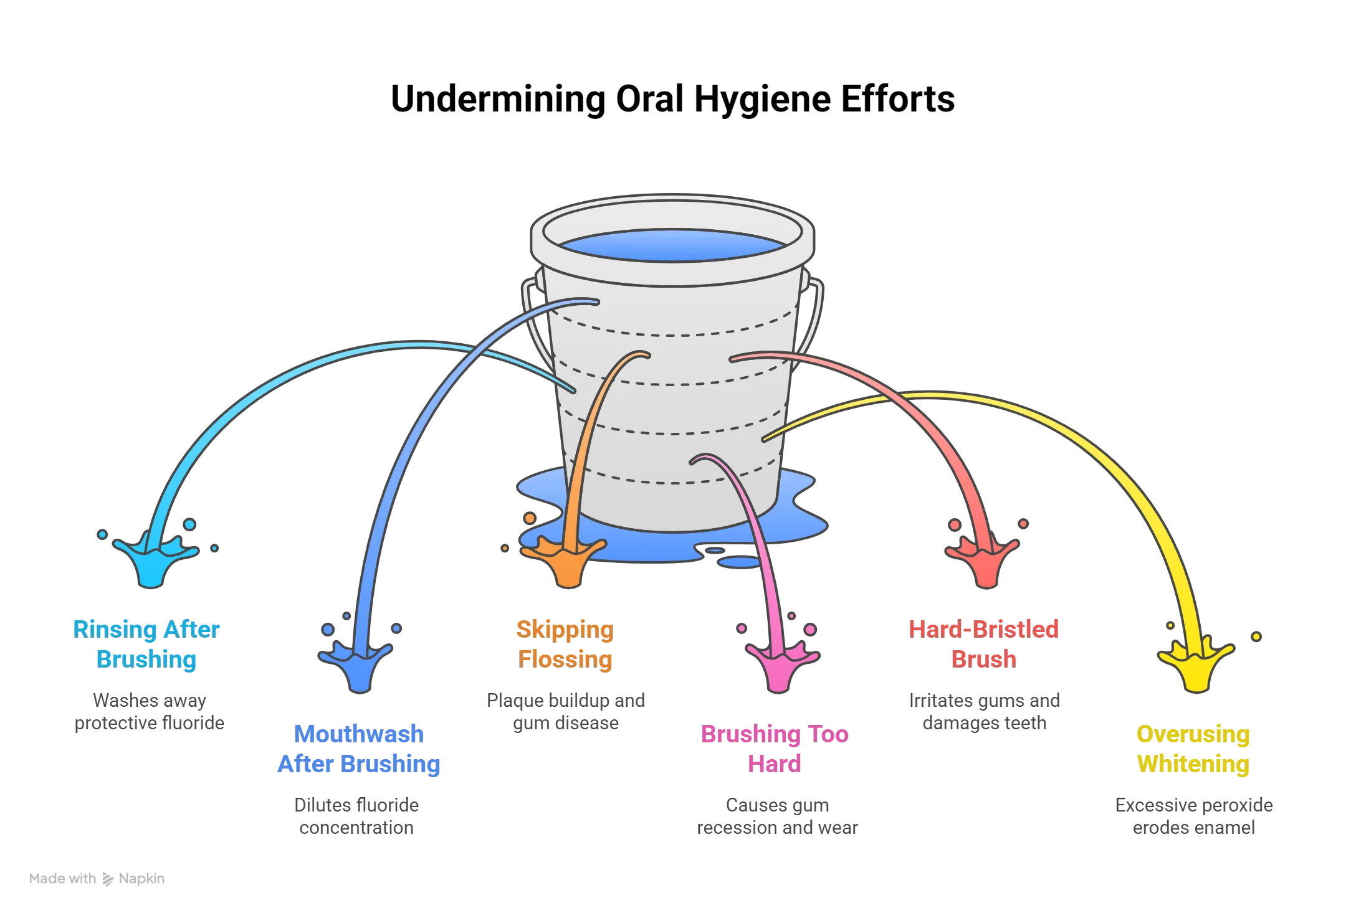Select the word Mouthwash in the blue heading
point(358,734)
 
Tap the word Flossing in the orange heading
point(565,659)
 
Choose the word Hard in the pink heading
point(775,764)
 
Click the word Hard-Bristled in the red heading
point(983,629)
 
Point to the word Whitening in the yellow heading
point(1193,764)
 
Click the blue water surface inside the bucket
point(672,245)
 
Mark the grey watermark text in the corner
point(97,879)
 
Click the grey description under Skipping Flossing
point(566,712)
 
